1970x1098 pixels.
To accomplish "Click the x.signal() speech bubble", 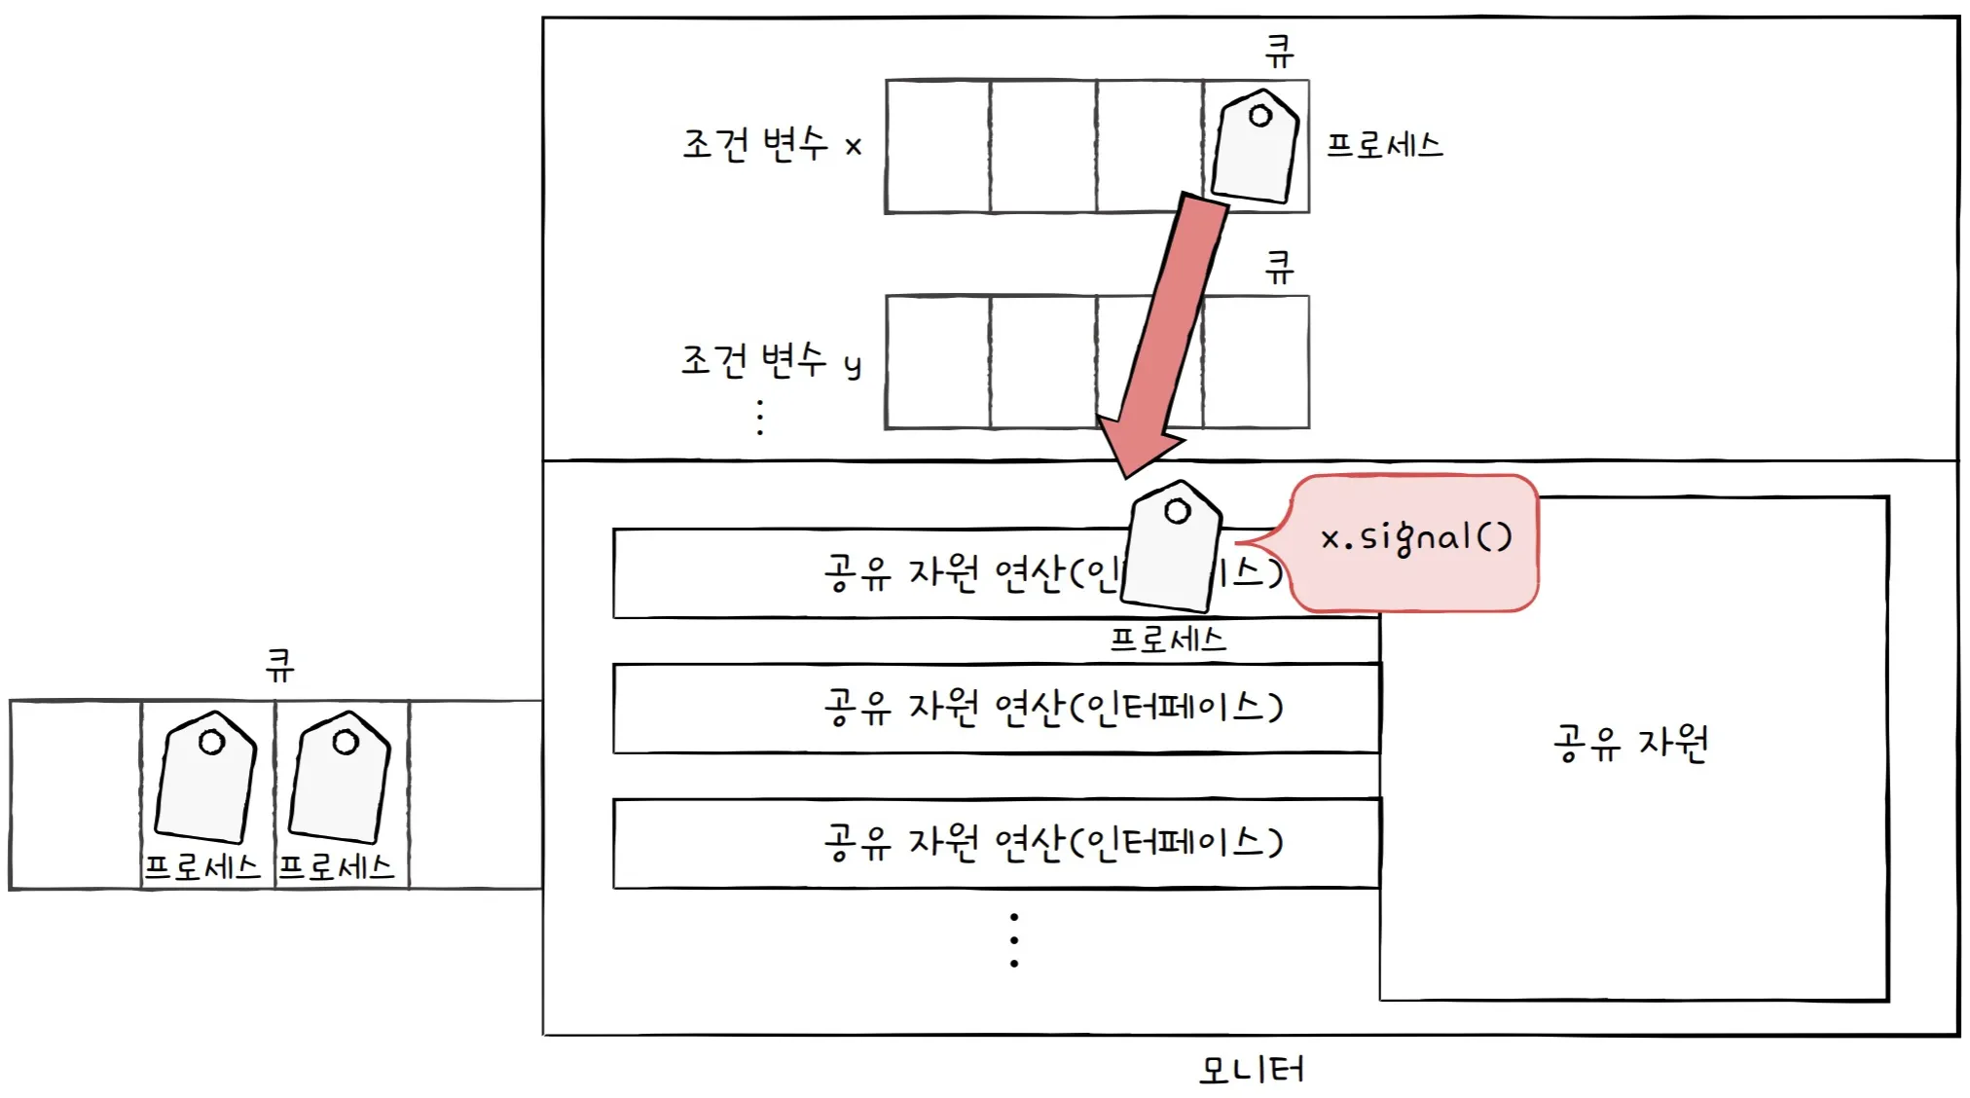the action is click(1415, 541).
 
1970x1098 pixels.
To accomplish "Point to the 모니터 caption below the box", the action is click(1251, 1070).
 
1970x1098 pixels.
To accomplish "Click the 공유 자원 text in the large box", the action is click(1631, 744).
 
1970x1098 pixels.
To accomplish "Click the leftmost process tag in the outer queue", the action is click(206, 778).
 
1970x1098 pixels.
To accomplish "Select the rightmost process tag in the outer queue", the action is click(341, 778).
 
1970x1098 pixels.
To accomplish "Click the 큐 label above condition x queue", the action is click(1279, 51).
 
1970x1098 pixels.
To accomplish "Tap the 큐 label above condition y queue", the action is click(1279, 267).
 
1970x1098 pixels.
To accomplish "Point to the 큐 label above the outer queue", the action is click(279, 666).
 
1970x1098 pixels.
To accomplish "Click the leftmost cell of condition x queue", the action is click(937, 147).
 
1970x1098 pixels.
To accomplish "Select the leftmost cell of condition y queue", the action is click(937, 362).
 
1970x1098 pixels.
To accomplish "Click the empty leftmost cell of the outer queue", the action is click(75, 794).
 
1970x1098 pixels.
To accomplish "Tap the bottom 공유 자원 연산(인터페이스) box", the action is click(996, 843).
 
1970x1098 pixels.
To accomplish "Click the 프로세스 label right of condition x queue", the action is click(1384, 146).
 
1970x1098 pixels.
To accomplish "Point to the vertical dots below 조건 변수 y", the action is click(760, 417).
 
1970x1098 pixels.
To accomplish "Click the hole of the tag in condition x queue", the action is click(1260, 116).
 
